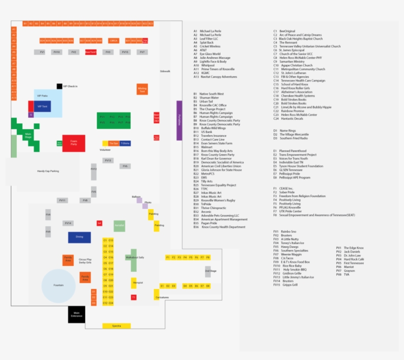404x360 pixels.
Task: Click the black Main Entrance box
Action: pyautogui.click(x=76, y=315)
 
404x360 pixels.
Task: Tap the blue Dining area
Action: pyautogui.click(x=79, y=237)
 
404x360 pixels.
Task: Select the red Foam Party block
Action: pyautogui.click(x=73, y=144)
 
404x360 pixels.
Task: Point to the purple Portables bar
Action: pyautogui.click(x=179, y=120)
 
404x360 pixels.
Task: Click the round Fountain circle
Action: pyautogui.click(x=59, y=286)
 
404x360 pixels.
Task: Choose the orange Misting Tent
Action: pyautogui.click(x=142, y=89)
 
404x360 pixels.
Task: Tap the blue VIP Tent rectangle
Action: pyautogui.click(x=42, y=106)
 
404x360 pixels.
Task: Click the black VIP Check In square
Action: pyautogui.click(x=60, y=86)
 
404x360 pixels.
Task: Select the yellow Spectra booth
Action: pyautogui.click(x=116, y=326)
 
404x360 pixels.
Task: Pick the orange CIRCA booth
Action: pyautogui.click(x=113, y=40)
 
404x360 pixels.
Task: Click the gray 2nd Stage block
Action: pyautogui.click(x=208, y=271)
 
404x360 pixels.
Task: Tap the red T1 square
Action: pyautogui.click(x=134, y=297)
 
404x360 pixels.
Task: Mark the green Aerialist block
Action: pyautogui.click(x=119, y=226)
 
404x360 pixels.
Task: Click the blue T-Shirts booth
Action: pyautogui.click(x=125, y=143)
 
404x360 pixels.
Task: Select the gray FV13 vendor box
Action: pyautogui.click(x=108, y=160)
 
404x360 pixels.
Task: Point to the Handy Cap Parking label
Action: pyautogui.click(x=48, y=171)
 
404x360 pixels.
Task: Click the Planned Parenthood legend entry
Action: pyautogui.click(x=292, y=151)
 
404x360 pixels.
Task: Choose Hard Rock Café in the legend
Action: pyautogui.click(x=353, y=259)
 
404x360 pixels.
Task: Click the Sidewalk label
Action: pyautogui.click(x=165, y=72)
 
